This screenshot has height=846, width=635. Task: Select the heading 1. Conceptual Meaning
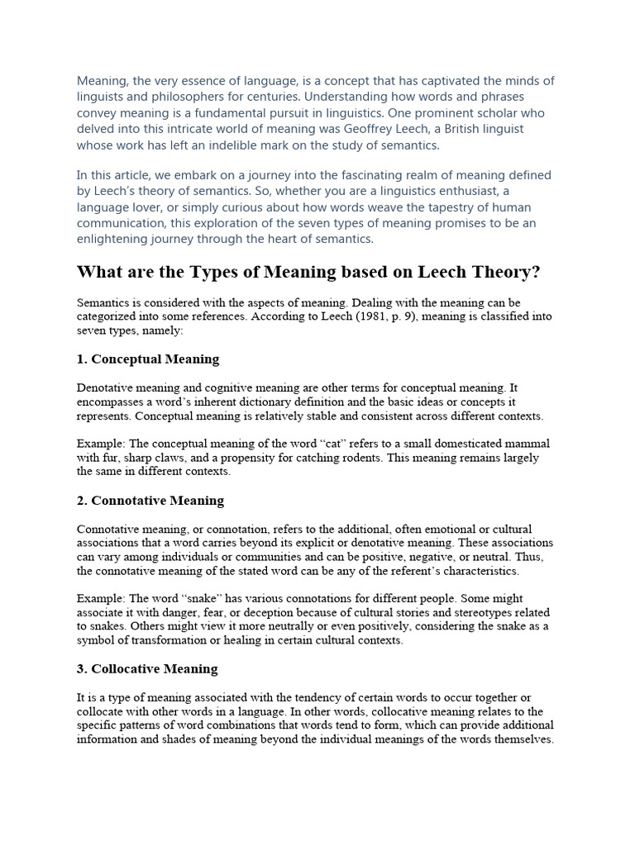[x=148, y=359]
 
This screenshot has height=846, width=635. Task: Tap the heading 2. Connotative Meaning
[x=150, y=501]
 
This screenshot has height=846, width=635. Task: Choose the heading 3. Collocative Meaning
[x=147, y=668]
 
